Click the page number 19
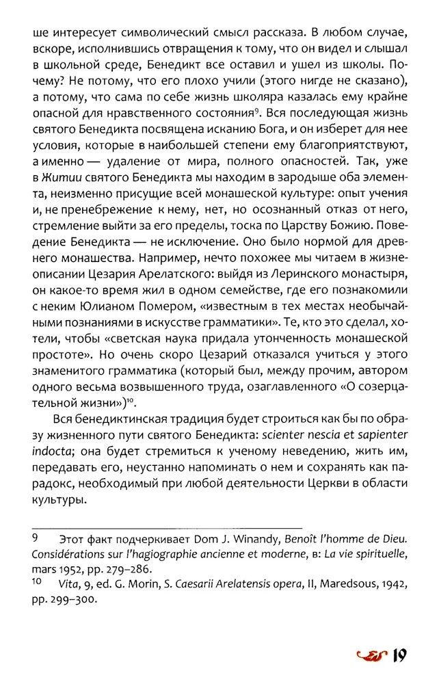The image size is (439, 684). click(399, 658)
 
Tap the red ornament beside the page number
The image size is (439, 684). click(373, 659)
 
